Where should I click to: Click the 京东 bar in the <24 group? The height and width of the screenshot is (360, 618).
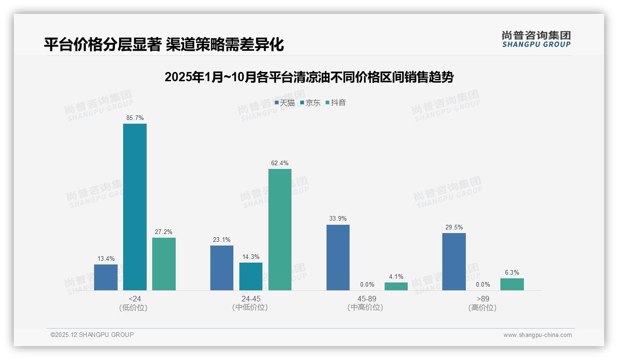click(x=135, y=207)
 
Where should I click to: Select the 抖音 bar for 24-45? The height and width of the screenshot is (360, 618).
click(x=280, y=229)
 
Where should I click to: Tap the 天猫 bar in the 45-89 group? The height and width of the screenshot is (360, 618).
click(x=338, y=258)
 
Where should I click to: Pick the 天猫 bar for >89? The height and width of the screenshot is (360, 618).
click(x=454, y=262)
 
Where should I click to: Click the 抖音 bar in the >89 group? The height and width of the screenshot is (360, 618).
click(x=512, y=284)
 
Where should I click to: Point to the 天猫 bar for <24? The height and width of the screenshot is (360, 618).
click(x=106, y=277)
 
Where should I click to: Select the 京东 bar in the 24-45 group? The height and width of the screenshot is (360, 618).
click(x=251, y=276)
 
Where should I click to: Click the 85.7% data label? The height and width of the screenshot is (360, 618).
click(x=135, y=118)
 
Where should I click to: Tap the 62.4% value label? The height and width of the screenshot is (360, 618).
click(x=280, y=163)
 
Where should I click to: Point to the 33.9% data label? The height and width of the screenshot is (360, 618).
click(x=338, y=219)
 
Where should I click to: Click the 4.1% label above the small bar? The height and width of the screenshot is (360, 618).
click(x=396, y=277)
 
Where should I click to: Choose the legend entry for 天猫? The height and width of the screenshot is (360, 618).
click(x=285, y=103)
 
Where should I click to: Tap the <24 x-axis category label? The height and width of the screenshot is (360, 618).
click(x=135, y=299)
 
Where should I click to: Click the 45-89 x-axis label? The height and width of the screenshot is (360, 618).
click(x=367, y=299)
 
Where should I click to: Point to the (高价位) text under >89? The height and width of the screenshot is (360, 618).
click(x=482, y=308)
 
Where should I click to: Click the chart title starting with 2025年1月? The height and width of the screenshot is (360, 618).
click(x=309, y=77)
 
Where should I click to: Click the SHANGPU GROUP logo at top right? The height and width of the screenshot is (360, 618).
click(x=536, y=39)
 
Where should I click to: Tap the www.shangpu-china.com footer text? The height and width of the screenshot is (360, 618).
click(x=537, y=335)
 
